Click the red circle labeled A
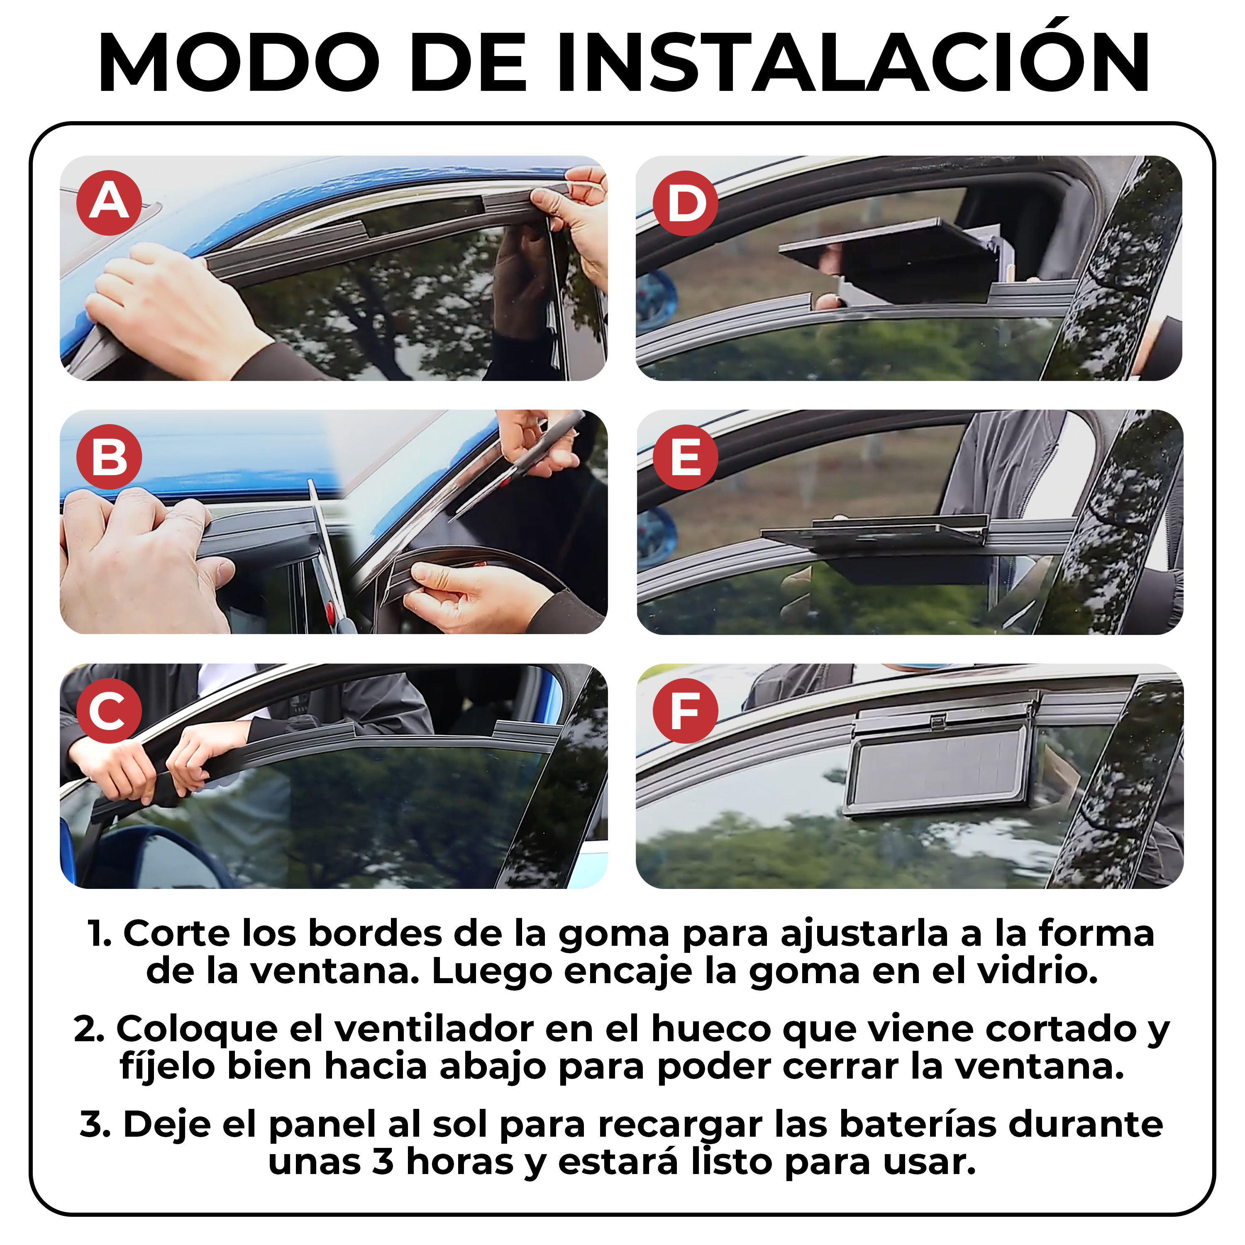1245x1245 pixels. click(109, 203)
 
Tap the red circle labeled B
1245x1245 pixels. click(109, 457)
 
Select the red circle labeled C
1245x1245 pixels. click(109, 711)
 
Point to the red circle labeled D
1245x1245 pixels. click(686, 203)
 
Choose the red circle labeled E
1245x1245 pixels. click(686, 457)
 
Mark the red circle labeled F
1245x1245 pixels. click(686, 711)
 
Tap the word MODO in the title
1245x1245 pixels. click(239, 63)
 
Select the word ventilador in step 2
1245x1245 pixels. click(434, 1028)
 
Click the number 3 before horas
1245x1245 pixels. click(383, 1162)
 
